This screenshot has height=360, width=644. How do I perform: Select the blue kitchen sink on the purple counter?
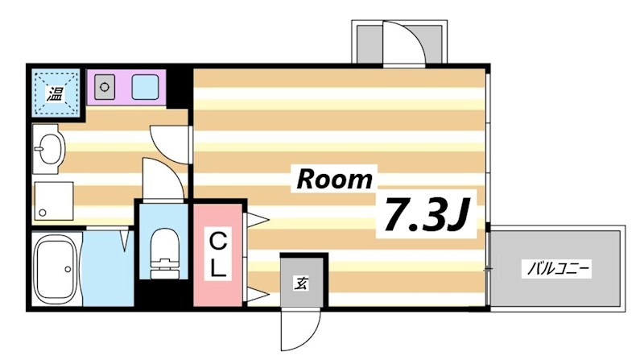coord(146,85)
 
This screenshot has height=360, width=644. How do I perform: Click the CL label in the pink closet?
coord(217,254)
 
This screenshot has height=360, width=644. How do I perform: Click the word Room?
coord(335,179)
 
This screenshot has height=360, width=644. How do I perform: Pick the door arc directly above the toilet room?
coord(162,179)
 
